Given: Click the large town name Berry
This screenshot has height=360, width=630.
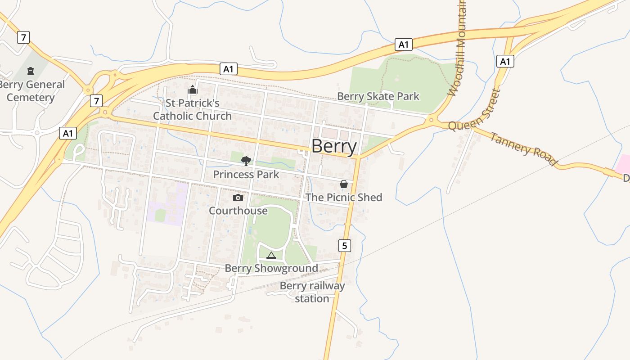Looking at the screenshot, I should click(x=334, y=146).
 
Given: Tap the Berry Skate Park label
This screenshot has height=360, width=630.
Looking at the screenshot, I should click(x=378, y=96).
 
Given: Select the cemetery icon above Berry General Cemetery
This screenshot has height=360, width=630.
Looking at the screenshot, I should click(x=31, y=71).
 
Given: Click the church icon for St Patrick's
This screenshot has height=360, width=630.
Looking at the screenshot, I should click(x=193, y=90).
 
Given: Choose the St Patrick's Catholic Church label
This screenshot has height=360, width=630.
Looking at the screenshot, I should click(x=193, y=109).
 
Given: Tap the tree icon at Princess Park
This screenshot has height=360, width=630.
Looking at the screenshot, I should click(x=246, y=161).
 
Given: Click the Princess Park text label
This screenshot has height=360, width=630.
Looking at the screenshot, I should click(x=246, y=174).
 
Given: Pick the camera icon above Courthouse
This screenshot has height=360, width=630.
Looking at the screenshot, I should click(x=238, y=198).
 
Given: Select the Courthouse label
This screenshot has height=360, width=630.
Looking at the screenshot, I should click(x=238, y=211).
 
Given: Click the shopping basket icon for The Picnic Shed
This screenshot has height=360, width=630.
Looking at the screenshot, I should click(x=344, y=184).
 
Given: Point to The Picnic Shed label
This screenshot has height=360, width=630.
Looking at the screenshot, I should click(x=344, y=197).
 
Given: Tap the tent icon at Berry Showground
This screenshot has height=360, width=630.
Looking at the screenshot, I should click(x=271, y=256).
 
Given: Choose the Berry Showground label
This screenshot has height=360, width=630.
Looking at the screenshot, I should click(x=271, y=268).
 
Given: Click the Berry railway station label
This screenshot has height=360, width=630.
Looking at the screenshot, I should click(x=312, y=292).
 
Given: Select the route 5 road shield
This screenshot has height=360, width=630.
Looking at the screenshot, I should click(x=344, y=245).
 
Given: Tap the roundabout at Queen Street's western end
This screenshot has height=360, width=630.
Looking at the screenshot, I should click(x=431, y=120).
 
